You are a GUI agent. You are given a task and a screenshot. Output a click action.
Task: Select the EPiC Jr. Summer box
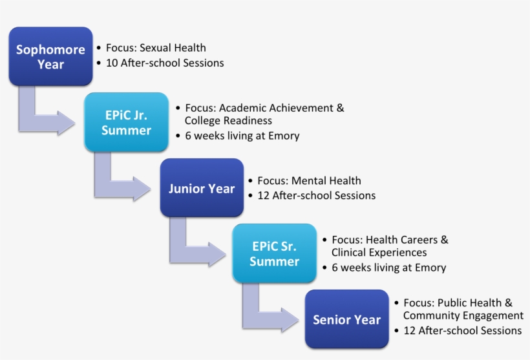pos(127,122)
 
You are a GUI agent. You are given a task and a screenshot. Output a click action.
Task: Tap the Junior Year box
pos(202,188)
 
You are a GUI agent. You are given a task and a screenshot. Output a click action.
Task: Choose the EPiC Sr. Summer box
pos(274,254)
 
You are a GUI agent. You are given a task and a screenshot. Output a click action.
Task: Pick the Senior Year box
pos(346,319)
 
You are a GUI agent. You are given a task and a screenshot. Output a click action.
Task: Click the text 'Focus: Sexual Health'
pos(156,48)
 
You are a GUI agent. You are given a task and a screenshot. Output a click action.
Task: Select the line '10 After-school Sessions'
pos(165,63)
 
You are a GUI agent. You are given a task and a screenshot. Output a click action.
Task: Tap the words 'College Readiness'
pos(228,121)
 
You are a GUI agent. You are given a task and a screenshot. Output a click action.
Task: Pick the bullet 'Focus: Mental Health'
pos(309,181)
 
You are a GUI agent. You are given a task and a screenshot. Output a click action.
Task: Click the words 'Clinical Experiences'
pos(379,253)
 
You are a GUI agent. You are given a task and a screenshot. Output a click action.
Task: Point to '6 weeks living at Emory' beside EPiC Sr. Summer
pos(388,268)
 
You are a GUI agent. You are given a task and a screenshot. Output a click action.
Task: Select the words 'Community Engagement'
pos(463,315)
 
